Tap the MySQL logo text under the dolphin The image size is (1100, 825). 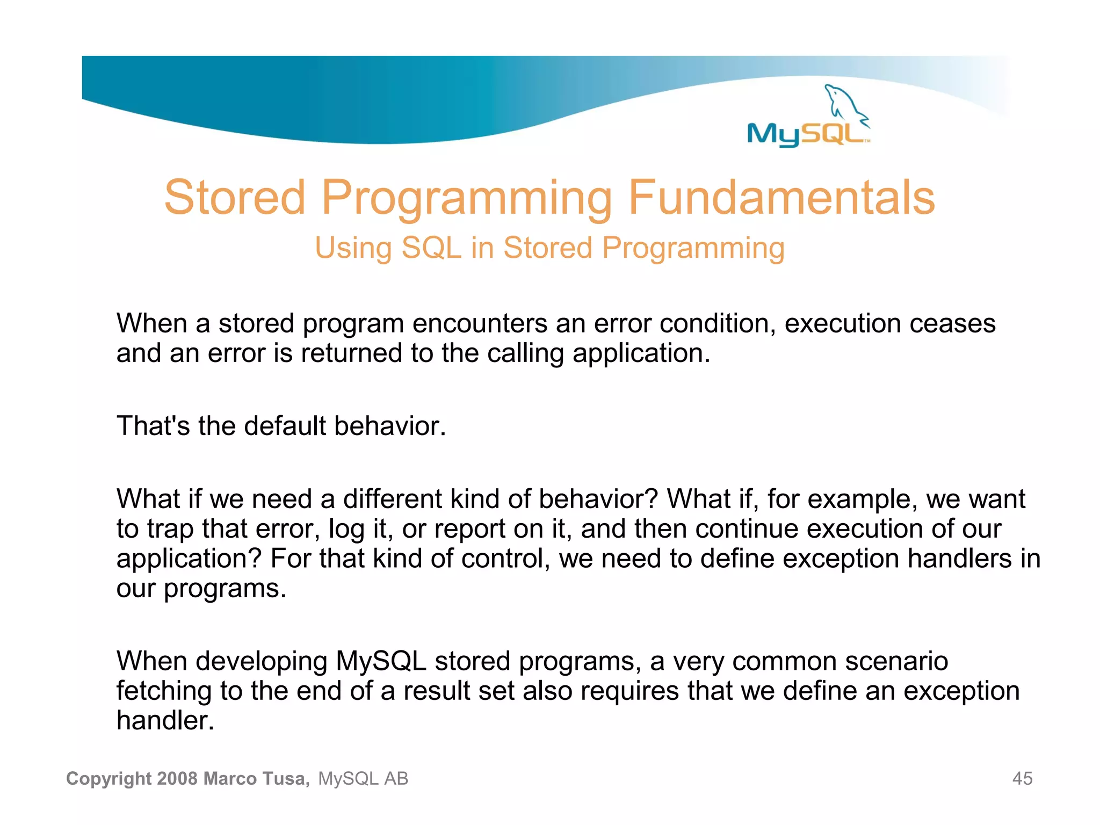pos(806,134)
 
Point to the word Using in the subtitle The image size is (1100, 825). pos(353,248)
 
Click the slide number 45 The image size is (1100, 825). pos(1022,778)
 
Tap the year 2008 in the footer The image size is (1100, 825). pos(178,778)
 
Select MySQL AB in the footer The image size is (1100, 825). pos(363,778)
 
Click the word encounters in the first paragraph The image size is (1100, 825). pos(480,324)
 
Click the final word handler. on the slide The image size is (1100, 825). pos(165,721)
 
